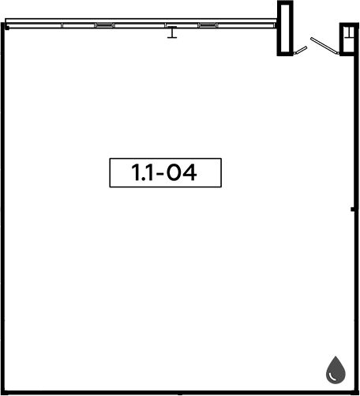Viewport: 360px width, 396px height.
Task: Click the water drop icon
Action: (x=336, y=370)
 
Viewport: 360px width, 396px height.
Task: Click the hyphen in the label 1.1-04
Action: (x=160, y=174)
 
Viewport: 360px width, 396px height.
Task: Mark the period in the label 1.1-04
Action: (x=144, y=179)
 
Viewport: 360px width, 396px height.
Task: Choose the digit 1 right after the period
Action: (x=150, y=172)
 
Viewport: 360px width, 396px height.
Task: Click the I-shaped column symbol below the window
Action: (x=172, y=32)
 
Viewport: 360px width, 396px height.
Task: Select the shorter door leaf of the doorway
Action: (x=300, y=50)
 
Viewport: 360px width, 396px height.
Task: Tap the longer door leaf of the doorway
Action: (x=324, y=46)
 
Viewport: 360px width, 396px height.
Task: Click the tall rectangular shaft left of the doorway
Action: (x=285, y=28)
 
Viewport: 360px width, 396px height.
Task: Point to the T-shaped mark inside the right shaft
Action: (x=349, y=32)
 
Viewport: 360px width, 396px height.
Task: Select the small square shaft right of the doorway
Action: (x=349, y=40)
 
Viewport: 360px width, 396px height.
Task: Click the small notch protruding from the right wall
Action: (x=353, y=209)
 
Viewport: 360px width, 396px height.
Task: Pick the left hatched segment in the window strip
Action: (x=104, y=25)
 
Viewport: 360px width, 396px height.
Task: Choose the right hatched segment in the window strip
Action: (x=208, y=25)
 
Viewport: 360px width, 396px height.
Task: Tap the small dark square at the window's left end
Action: (x=7, y=27)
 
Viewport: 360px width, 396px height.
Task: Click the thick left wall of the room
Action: (x=3, y=208)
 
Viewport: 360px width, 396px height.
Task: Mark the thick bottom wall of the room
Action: (x=180, y=393)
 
